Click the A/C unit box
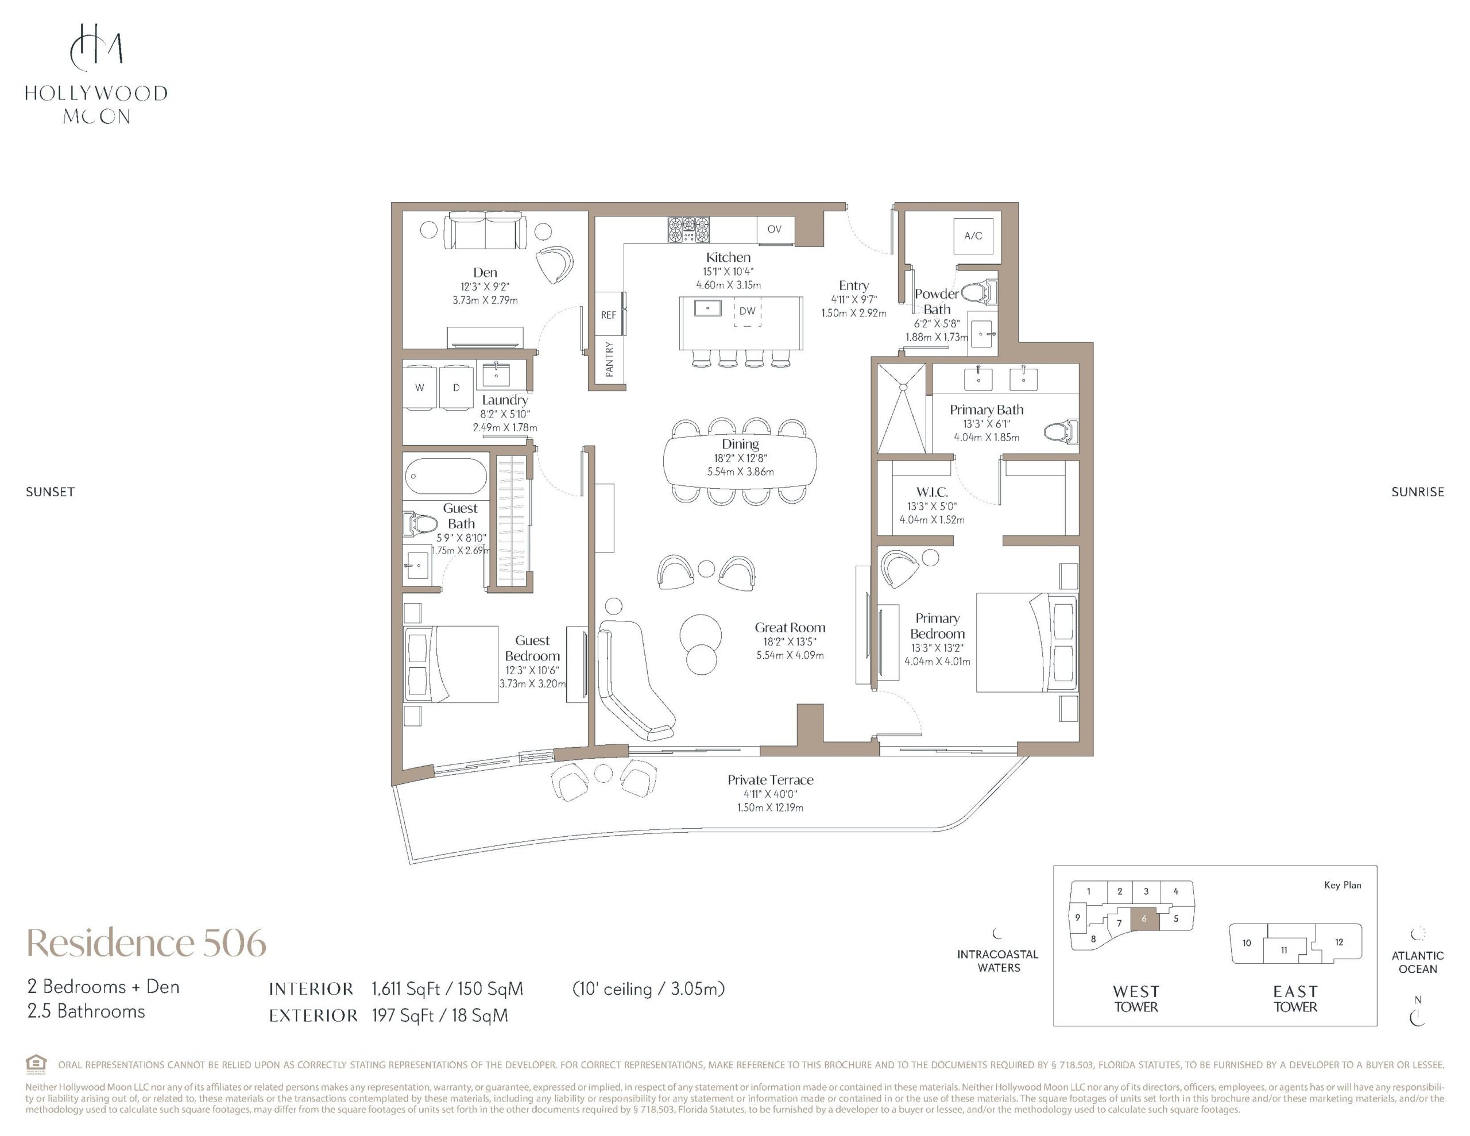pyautogui.click(x=973, y=235)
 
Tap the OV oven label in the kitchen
pyautogui.click(x=774, y=229)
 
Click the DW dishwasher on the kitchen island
pyautogui.click(x=747, y=311)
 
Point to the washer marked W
pyautogui.click(x=419, y=387)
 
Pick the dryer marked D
pyautogui.click(x=457, y=387)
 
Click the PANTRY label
pyautogui.click(x=609, y=359)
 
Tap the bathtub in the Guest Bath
pyautogui.click(x=446, y=476)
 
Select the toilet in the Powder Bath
pyautogui.click(x=978, y=292)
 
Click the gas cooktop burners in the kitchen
pyautogui.click(x=688, y=229)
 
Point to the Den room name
pyautogui.click(x=485, y=272)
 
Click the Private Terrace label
pyautogui.click(x=770, y=780)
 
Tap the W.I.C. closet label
pyautogui.click(x=932, y=492)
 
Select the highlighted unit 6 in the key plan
pyautogui.click(x=1144, y=919)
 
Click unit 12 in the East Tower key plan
pyautogui.click(x=1339, y=942)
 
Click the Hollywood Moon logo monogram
pyautogui.click(x=97, y=47)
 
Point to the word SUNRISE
pyautogui.click(x=1418, y=492)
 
